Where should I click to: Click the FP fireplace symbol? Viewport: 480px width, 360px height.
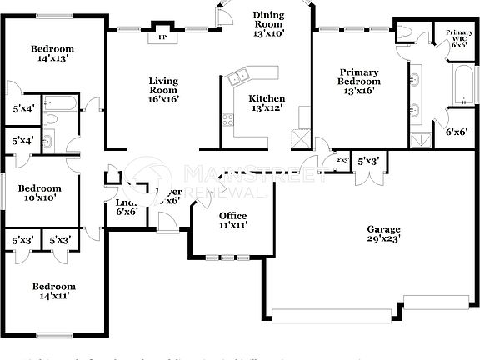coord(162,37)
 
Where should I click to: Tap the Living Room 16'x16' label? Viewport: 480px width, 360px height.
coord(164,90)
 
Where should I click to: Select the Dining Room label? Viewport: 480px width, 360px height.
coord(268,24)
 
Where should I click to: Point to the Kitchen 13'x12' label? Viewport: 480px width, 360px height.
coord(267,102)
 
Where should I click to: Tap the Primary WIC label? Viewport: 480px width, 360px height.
coord(458,38)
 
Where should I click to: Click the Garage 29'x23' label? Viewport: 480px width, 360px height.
coord(383,234)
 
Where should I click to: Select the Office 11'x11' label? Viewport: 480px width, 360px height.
coord(233,220)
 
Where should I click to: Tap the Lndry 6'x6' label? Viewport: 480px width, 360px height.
coord(127,207)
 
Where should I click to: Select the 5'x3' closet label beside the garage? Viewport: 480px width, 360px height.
coord(368,160)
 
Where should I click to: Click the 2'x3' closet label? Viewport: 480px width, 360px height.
coord(341,160)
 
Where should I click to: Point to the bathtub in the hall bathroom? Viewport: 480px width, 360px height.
coord(61,105)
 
